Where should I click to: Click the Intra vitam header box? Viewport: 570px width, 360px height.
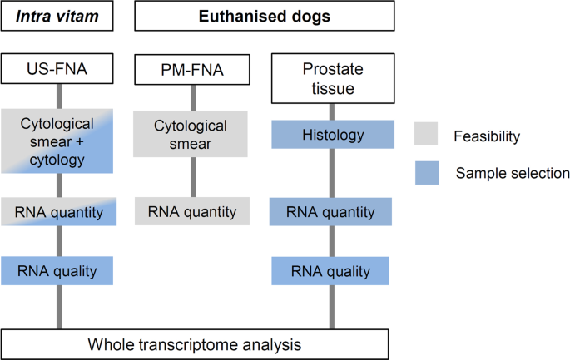[x=57, y=15]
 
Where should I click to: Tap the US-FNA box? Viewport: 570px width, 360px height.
[x=57, y=70]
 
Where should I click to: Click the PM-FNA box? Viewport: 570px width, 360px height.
[x=191, y=70]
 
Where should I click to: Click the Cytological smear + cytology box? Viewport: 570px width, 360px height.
[x=57, y=141]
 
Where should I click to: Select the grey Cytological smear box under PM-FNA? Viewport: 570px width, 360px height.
[x=191, y=134]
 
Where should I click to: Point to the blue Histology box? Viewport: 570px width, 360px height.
[x=331, y=134]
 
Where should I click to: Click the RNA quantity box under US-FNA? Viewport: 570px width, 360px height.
[x=57, y=212]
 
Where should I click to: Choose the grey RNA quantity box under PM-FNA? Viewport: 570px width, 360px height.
[x=191, y=212]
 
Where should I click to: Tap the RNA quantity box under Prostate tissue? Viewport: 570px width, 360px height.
[x=331, y=212]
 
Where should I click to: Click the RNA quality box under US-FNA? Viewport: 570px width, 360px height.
[x=57, y=270]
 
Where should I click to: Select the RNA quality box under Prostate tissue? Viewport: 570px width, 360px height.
[x=331, y=270]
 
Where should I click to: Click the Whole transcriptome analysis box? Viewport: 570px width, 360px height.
[x=196, y=343]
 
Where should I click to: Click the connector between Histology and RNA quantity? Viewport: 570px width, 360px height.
[x=331, y=173]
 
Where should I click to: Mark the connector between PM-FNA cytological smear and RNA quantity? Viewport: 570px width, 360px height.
[x=191, y=177]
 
